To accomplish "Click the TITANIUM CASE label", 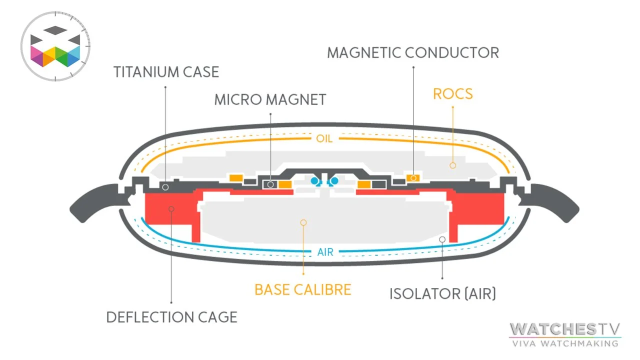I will tap(166, 71).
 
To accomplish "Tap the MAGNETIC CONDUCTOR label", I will tap(413, 52).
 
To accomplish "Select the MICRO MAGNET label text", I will tap(270, 99).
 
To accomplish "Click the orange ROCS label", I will tap(452, 94).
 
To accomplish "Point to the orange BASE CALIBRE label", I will tap(302, 289).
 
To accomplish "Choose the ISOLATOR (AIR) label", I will tap(442, 293).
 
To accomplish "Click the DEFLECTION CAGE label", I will tap(171, 316).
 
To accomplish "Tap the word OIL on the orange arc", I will tap(324, 138).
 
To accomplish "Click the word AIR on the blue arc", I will tap(325, 252).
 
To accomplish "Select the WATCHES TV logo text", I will tap(565, 329).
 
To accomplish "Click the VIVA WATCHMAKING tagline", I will tap(565, 343).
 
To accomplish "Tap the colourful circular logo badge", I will tap(55, 45).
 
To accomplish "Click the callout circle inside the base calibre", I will tap(303, 222).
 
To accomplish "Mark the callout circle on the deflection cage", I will tap(171, 208).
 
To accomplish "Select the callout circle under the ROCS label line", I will tap(452, 164).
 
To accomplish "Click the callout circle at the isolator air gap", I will tap(442, 239).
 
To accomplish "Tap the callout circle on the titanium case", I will tap(165, 186).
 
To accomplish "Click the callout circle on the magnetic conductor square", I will tap(413, 178).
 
